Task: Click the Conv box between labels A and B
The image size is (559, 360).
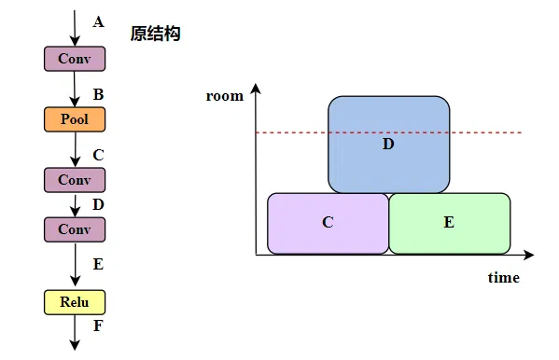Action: tap(75, 59)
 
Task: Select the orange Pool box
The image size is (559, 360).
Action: tap(75, 119)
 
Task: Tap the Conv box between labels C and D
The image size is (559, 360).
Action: tap(75, 179)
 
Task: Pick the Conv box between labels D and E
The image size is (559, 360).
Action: tap(75, 228)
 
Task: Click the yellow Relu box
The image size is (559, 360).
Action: tap(75, 302)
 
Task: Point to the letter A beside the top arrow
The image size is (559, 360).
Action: tap(99, 21)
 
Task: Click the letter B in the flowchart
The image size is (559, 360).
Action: tap(99, 95)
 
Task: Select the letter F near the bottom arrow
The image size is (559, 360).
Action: tap(99, 325)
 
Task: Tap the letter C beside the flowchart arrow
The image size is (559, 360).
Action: tap(99, 155)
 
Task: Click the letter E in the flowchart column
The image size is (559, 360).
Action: tap(98, 264)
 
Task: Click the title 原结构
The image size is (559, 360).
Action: tap(155, 34)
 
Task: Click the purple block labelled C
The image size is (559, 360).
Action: tap(328, 223)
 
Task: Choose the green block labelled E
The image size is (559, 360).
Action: tap(449, 223)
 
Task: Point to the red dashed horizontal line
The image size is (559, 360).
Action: tap(495, 133)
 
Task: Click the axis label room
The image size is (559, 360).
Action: tap(224, 95)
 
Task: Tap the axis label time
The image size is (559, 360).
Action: tap(503, 278)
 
